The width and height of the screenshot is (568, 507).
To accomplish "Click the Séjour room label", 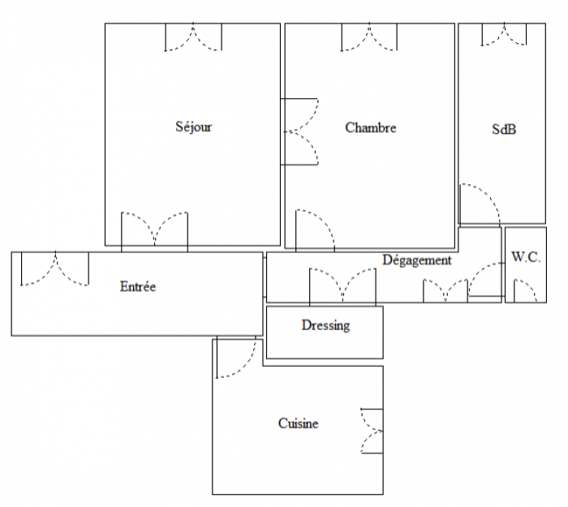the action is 193,127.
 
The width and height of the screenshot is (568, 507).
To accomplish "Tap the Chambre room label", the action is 371,127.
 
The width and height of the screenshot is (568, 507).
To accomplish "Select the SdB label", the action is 504,129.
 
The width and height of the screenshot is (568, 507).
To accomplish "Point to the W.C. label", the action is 526,257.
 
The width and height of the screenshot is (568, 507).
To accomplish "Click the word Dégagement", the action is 417,260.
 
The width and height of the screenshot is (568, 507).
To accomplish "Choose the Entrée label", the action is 138,286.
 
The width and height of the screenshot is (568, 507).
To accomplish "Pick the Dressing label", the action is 325,325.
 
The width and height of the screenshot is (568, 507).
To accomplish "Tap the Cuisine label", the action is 298,423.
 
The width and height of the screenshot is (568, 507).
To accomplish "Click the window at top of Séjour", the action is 193,37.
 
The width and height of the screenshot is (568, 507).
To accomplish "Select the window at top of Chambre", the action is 369,37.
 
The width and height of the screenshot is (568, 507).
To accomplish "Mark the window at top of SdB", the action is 504,34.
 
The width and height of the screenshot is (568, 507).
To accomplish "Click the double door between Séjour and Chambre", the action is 300,131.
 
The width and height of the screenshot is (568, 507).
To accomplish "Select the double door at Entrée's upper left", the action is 55,269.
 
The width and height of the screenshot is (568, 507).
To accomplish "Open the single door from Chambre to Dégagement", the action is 315,230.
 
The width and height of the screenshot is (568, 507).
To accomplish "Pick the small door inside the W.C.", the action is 525,290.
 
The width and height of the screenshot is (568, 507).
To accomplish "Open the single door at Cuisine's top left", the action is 236,358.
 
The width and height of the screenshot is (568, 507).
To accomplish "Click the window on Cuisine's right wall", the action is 372,431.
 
